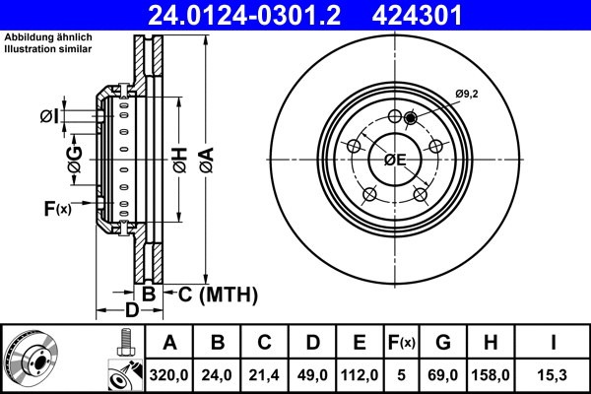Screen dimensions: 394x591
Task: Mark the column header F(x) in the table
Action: click(402, 343)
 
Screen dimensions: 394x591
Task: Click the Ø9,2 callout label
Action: click(467, 94)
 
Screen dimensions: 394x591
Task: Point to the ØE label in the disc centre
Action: click(395, 160)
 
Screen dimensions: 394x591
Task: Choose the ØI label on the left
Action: click(49, 117)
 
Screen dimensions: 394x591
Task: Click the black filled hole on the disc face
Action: click(411, 119)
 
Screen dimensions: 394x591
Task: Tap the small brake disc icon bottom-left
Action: click(31, 358)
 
